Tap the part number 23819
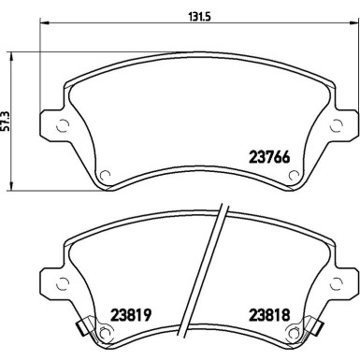tap(132, 314)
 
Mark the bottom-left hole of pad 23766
tap(105, 171)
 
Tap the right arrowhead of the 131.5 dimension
tap(354, 26)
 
